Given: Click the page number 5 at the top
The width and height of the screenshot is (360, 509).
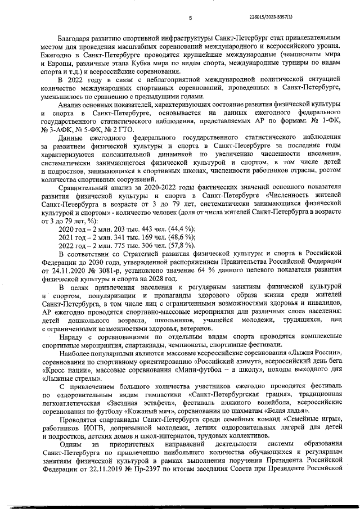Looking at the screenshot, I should click(190, 18).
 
